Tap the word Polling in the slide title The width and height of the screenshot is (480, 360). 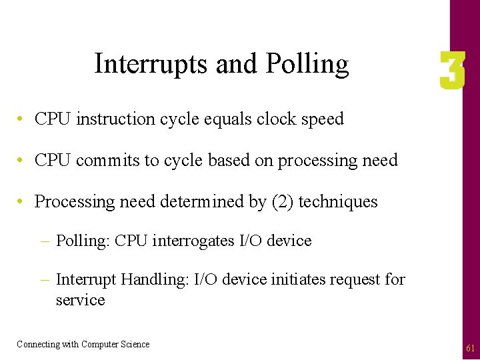point(307,65)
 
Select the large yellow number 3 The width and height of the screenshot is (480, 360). point(452,72)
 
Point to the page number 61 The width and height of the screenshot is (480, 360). point(470,348)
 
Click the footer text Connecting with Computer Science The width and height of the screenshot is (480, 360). point(83,345)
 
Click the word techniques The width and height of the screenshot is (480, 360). point(338,202)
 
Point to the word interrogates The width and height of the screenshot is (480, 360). point(194,241)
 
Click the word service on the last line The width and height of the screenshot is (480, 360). point(80,300)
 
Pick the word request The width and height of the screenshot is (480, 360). point(355,280)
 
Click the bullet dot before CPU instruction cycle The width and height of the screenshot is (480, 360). point(22,119)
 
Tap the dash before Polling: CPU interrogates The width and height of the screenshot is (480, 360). point(47,241)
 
